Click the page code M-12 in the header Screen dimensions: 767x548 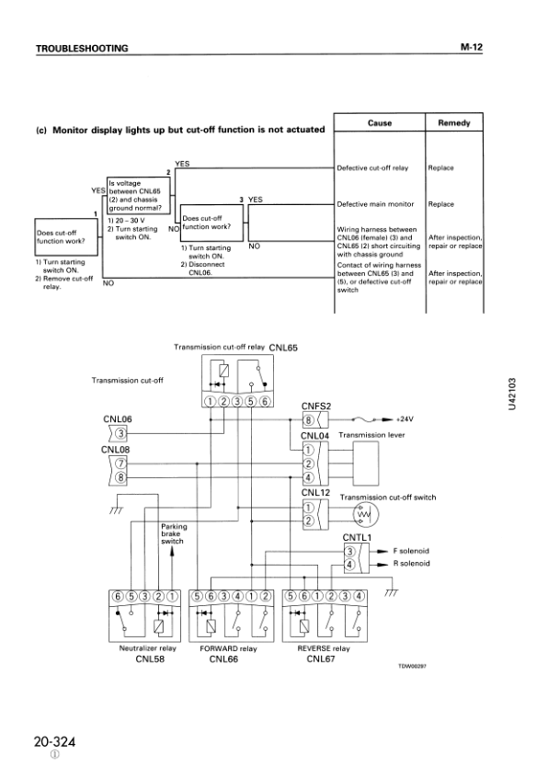click(x=471, y=46)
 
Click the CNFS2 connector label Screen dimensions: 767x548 click(x=316, y=406)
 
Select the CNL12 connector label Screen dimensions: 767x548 click(x=316, y=494)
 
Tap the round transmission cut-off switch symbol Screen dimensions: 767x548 click(x=366, y=515)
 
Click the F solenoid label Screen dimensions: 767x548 click(x=410, y=551)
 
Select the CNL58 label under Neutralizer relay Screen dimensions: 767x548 click(x=150, y=658)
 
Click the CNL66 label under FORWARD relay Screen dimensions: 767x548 click(x=225, y=658)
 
